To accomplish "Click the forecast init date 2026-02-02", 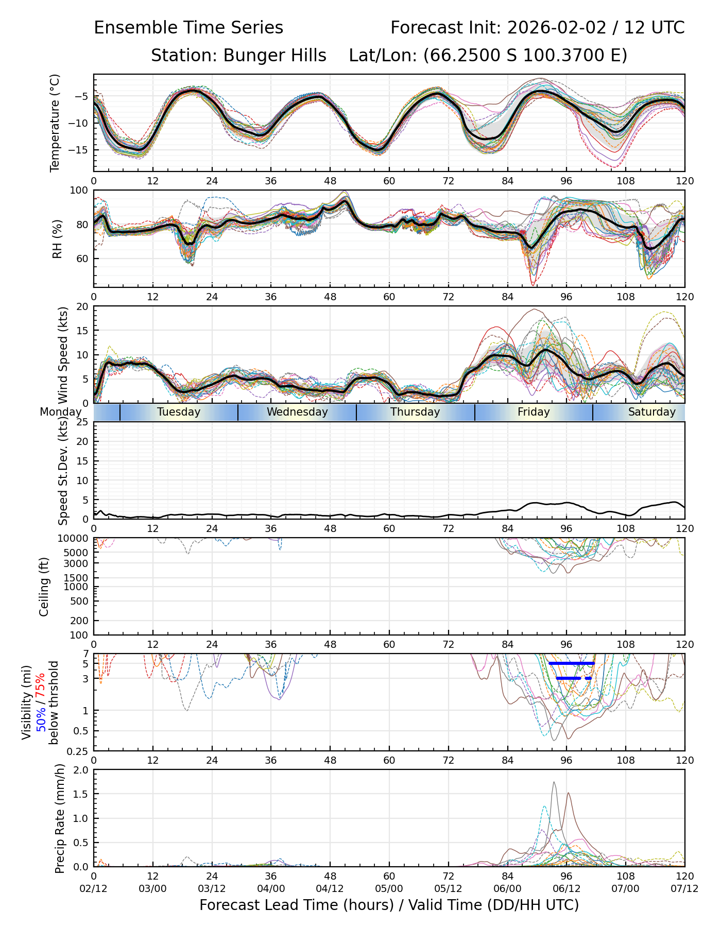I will pyautogui.click(x=557, y=28).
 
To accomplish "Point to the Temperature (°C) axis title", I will pyautogui.click(x=55, y=123).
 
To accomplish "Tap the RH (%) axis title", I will pyautogui.click(x=57, y=238).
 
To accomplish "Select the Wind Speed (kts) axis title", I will pyautogui.click(x=63, y=355).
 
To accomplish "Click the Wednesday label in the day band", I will pyautogui.click(x=297, y=412).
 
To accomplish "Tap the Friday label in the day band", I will pyautogui.click(x=534, y=412).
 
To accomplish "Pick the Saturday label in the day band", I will pyautogui.click(x=651, y=412).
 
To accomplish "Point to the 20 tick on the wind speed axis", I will pyautogui.click(x=82, y=306).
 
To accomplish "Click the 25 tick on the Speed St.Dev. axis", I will pyautogui.click(x=82, y=422).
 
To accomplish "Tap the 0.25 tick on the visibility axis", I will pyautogui.click(x=79, y=751).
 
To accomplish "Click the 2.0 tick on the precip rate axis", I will pyautogui.click(x=81, y=770).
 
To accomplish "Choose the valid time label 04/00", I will pyautogui.click(x=271, y=889).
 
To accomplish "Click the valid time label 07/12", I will pyautogui.click(x=684, y=889).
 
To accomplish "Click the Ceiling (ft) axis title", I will pyautogui.click(x=44, y=587).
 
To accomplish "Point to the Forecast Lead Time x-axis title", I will pyautogui.click(x=389, y=905).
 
